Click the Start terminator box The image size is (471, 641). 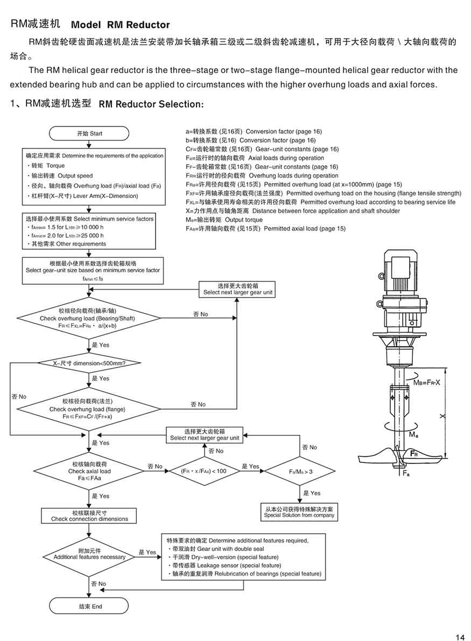[x=89, y=133]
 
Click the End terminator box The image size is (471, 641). [x=89, y=606]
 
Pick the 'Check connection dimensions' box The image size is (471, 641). [x=89, y=516]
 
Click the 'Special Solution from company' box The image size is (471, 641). [x=299, y=512]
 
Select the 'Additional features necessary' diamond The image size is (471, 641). [x=89, y=554]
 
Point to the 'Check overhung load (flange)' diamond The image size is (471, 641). [x=89, y=410]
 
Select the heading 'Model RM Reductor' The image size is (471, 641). [x=120, y=25]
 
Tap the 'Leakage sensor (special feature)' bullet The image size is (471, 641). [x=223, y=566]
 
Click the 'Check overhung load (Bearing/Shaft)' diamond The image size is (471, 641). [x=89, y=319]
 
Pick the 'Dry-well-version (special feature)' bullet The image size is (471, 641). [x=223, y=557]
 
